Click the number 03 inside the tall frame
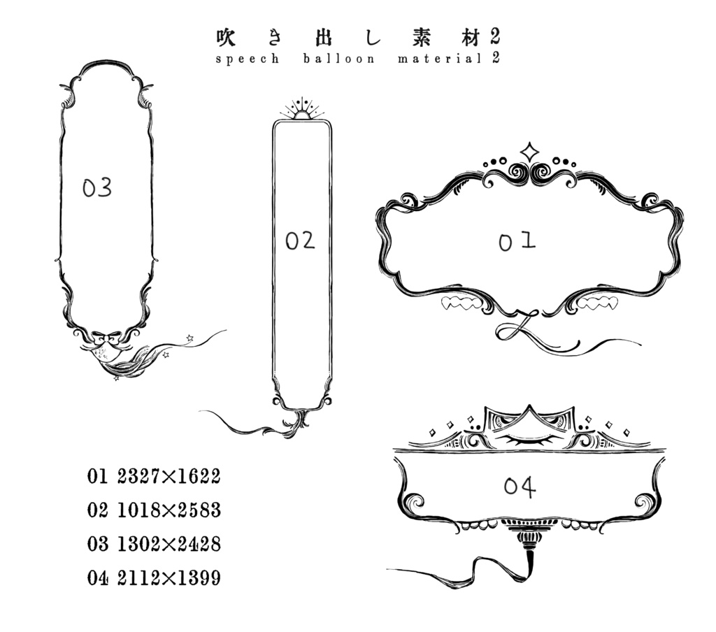pyautogui.click(x=97, y=188)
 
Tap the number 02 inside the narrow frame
pyautogui.click(x=300, y=241)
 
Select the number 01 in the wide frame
pyautogui.click(x=517, y=241)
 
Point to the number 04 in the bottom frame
pyautogui.click(x=520, y=487)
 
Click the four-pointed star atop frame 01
pyautogui.click(x=530, y=152)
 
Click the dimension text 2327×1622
pyautogui.click(x=169, y=477)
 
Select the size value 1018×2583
pyautogui.click(x=169, y=510)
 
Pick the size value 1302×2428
pyautogui.click(x=169, y=544)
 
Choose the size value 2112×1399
pyautogui.click(x=169, y=578)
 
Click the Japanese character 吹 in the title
pyautogui.click(x=226, y=36)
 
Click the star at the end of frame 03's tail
pyautogui.click(x=189, y=338)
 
